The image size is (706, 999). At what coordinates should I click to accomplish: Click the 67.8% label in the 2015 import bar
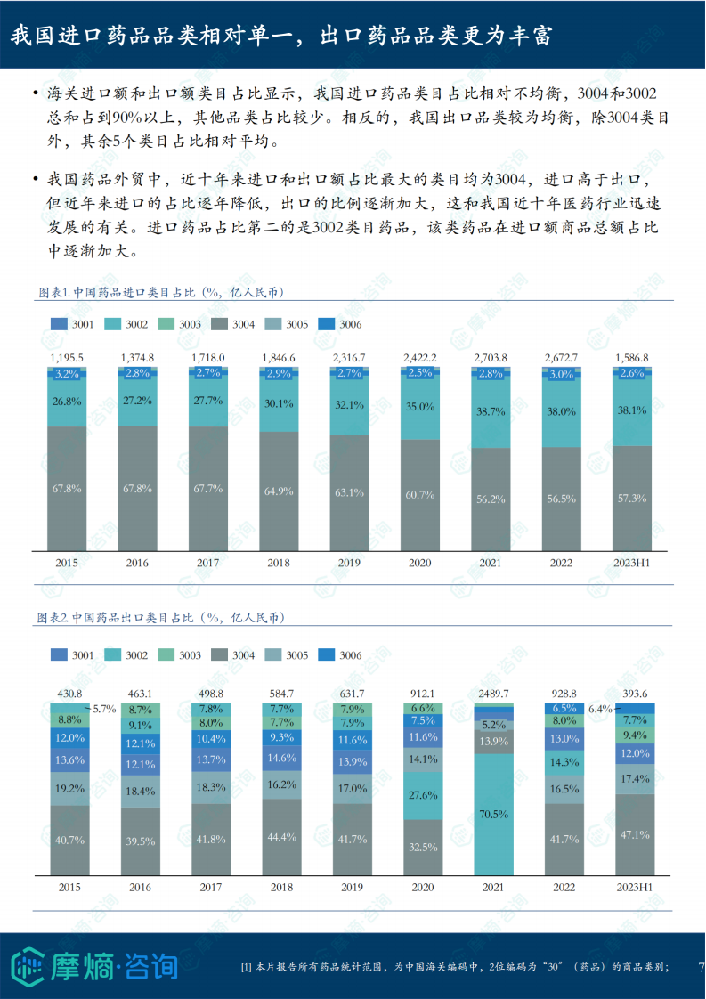(67, 489)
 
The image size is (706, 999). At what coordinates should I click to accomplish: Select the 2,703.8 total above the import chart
(491, 358)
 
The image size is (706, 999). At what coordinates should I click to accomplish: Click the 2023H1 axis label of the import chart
(631, 563)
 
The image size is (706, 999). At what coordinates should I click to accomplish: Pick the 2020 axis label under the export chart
(420, 887)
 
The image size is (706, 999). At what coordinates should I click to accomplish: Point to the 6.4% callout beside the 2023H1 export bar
(601, 709)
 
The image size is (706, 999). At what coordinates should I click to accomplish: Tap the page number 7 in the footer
(701, 967)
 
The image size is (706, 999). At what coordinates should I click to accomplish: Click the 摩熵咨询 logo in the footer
(94, 966)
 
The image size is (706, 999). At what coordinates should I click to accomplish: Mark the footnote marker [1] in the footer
(247, 968)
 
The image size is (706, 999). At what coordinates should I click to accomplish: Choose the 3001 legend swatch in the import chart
(59, 325)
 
